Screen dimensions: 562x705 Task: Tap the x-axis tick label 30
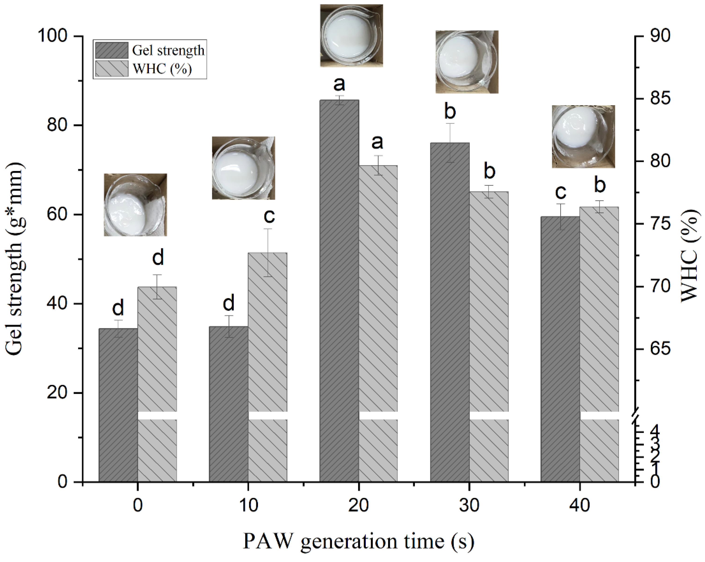click(469, 505)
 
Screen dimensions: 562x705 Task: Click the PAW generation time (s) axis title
click(358, 541)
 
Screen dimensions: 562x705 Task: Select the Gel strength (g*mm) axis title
click(15, 259)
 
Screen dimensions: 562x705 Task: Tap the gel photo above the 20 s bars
click(351, 35)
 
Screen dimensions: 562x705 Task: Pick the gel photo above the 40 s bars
click(583, 137)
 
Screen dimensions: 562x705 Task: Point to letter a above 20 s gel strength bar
click(339, 84)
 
